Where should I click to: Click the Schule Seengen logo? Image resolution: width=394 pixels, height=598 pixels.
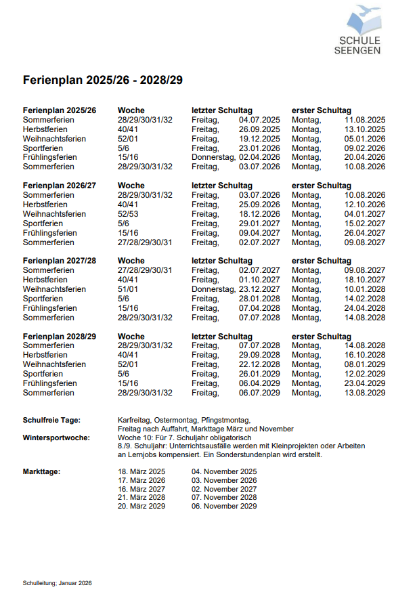359,30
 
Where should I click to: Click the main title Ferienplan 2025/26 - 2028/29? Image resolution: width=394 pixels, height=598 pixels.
102,80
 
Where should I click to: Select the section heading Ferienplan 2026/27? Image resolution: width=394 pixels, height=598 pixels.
60,186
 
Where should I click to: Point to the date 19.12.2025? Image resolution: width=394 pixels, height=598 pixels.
259,139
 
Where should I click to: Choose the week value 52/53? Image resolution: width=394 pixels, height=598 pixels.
129,214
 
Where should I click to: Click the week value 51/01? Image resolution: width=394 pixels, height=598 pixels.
129,289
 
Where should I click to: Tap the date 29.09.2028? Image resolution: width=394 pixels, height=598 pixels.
259,355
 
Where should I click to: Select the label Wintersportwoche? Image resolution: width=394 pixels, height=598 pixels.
56,437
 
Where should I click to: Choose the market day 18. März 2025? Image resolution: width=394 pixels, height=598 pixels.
141,471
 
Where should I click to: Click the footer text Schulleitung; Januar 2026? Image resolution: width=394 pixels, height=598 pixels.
57,582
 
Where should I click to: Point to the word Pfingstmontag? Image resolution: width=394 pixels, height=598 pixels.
225,421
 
